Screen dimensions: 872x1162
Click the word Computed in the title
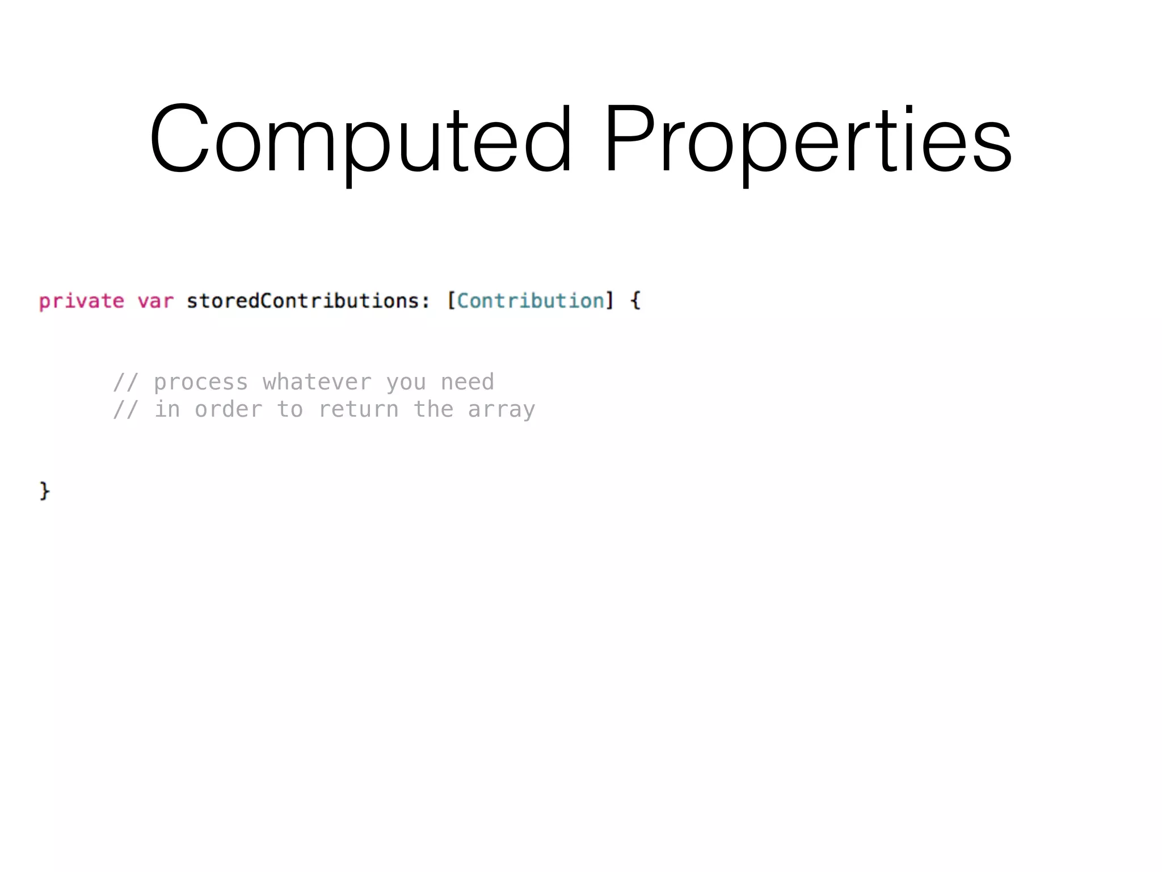[x=361, y=139]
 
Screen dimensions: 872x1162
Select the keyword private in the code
[x=82, y=301]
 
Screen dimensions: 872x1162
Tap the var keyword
[x=155, y=301]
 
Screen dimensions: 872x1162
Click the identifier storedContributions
[x=303, y=301]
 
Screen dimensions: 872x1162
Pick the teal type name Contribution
[x=531, y=301]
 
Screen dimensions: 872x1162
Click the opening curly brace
[x=635, y=301]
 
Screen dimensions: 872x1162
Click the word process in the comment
[x=201, y=383]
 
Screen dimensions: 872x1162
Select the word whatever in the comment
[x=317, y=383]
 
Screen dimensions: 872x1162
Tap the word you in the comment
[x=406, y=383]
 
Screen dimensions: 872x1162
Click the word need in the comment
[x=468, y=383]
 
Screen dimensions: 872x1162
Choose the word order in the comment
[x=229, y=409]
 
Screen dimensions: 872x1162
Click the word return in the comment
[x=359, y=409]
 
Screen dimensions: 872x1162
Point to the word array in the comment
[x=502, y=409]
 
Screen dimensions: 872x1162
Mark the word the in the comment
[x=433, y=409]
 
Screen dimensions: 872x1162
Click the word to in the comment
[x=290, y=409]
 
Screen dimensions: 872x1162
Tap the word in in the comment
[x=167, y=409]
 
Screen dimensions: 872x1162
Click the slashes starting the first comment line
[x=125, y=383]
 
